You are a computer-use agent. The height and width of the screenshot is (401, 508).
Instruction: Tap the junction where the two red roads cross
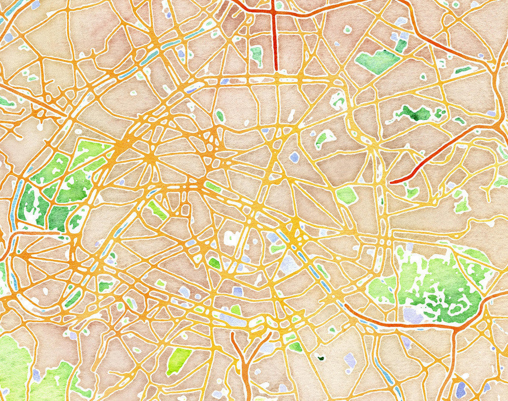click(274, 13)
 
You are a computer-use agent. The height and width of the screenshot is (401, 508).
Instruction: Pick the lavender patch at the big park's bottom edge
click(413, 314)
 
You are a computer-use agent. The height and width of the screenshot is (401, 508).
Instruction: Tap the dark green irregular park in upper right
click(414, 113)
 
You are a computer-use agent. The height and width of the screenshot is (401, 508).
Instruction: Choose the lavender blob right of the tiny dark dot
click(350, 360)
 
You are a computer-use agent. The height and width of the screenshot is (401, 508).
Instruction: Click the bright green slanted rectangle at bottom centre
click(179, 360)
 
